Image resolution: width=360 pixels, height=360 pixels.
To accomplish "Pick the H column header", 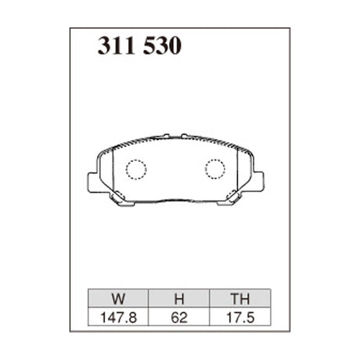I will [x=178, y=297].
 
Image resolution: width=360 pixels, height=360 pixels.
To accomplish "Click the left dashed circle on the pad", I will [x=137, y=168].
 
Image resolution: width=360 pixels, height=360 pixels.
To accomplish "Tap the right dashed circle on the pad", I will [x=214, y=168].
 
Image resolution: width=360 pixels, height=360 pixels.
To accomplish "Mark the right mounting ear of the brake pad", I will [x=264, y=182].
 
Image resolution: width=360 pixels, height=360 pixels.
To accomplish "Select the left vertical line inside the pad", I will [x=114, y=174].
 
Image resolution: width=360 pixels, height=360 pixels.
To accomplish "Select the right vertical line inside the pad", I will [x=238, y=174].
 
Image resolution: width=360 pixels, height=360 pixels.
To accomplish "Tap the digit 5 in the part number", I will [x=148, y=47].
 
